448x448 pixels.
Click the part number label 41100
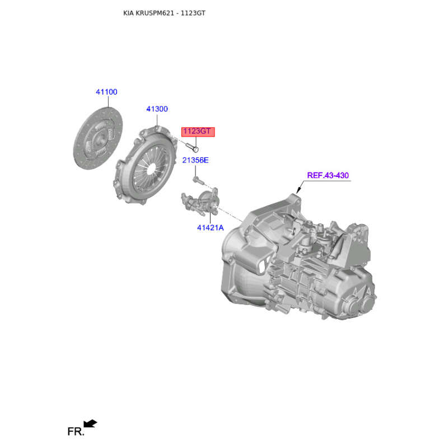click(106, 92)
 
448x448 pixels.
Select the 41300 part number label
click(157, 109)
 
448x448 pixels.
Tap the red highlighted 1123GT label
click(198, 132)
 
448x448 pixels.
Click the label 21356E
click(195, 160)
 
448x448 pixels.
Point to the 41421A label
click(211, 228)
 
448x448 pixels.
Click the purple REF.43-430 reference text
click(328, 175)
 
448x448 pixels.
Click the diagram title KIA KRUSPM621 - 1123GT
click(164, 13)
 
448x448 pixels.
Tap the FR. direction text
click(76, 431)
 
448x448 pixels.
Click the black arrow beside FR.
click(90, 423)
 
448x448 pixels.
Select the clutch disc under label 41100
click(98, 138)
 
